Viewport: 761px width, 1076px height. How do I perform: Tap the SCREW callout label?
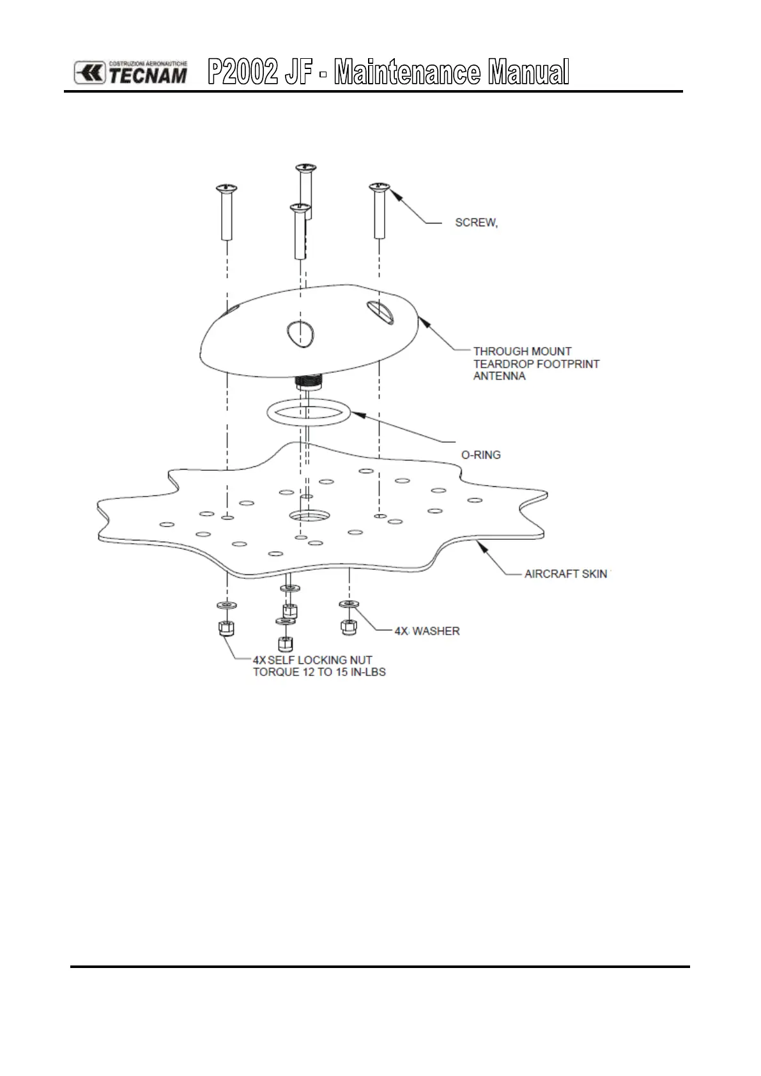tap(476, 223)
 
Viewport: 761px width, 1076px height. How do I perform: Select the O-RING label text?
tap(481, 455)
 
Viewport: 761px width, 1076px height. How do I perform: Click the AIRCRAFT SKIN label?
tap(565, 574)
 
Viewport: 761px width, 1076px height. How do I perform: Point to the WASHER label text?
tap(436, 631)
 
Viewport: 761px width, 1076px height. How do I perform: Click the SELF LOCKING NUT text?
tap(320, 660)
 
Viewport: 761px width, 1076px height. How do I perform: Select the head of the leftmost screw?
tap(226, 187)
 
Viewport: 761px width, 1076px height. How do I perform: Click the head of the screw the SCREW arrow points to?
tap(380, 186)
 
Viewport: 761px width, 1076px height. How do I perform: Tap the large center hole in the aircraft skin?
tap(307, 514)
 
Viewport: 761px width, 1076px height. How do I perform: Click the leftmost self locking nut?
tap(226, 628)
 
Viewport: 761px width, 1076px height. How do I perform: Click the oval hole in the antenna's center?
tap(300, 332)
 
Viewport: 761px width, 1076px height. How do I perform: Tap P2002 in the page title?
tap(243, 72)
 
